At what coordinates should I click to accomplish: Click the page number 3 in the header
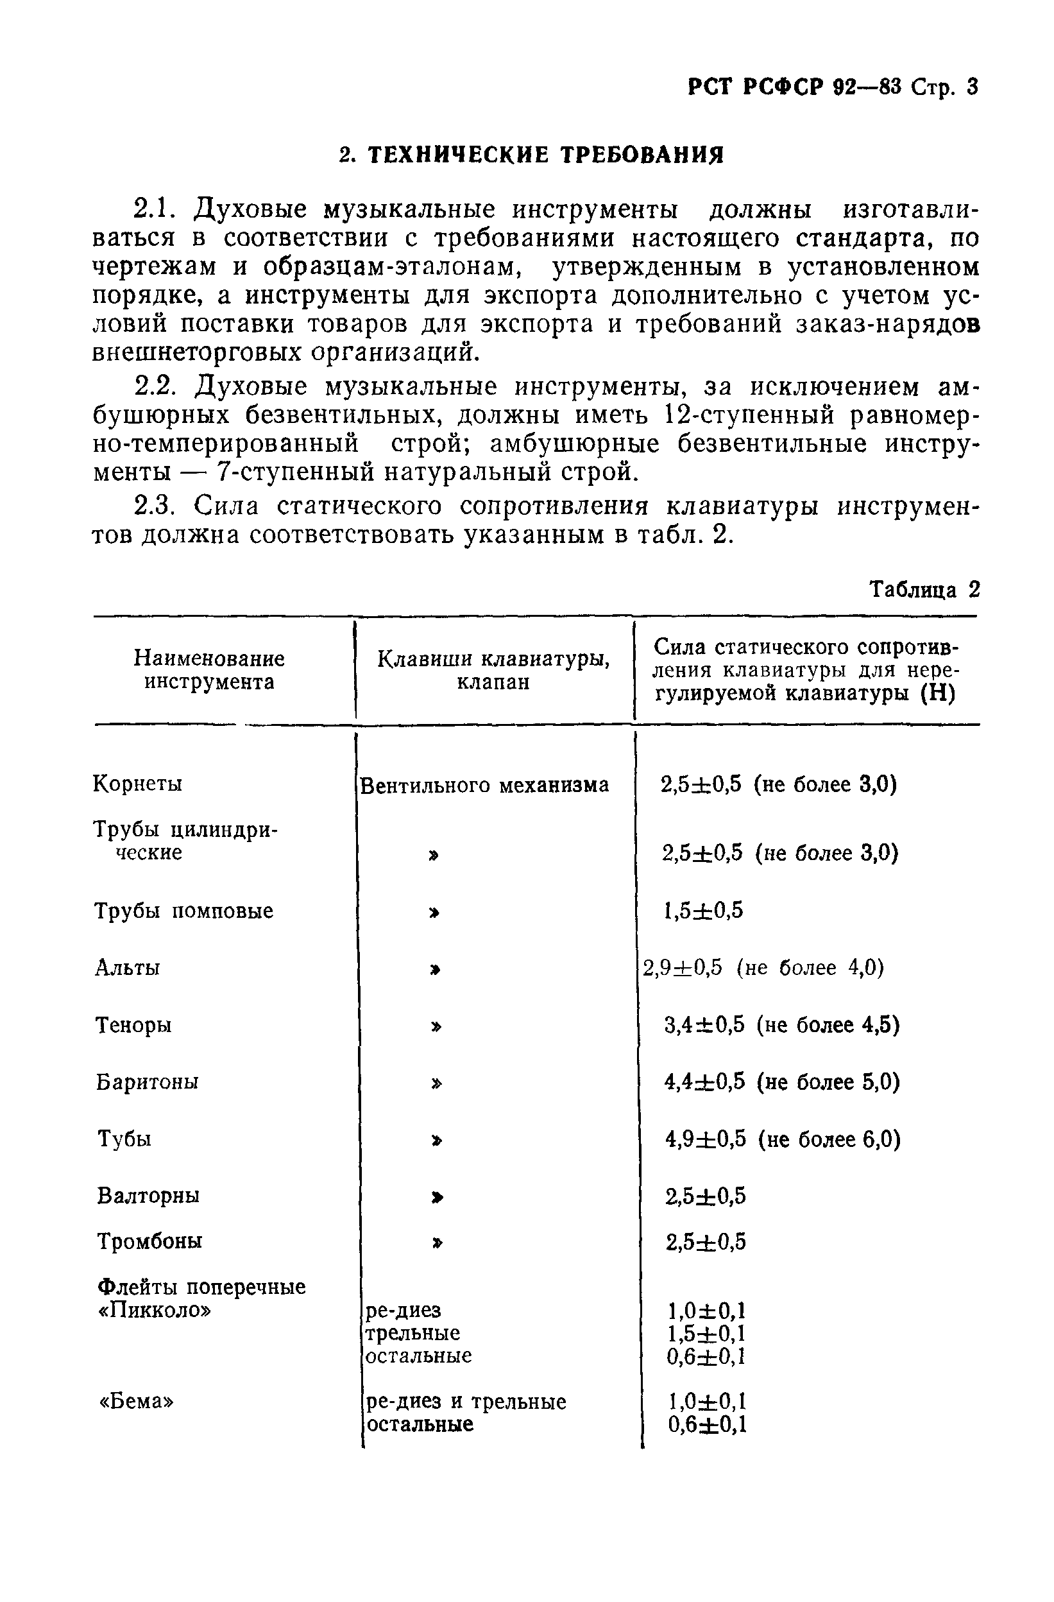click(971, 87)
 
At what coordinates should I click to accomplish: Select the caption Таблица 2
click(924, 590)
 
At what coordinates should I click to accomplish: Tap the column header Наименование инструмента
click(209, 669)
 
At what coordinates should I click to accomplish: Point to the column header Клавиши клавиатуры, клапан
click(494, 669)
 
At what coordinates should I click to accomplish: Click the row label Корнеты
click(138, 784)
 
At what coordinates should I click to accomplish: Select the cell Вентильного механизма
click(484, 785)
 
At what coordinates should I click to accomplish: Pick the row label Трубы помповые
click(183, 911)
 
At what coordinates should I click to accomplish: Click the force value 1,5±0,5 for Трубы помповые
click(704, 911)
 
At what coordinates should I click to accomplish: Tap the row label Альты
click(128, 968)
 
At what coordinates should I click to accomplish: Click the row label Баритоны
click(148, 1081)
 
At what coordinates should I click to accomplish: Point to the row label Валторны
click(149, 1196)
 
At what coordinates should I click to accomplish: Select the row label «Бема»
click(137, 1401)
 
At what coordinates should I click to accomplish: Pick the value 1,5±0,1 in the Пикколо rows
click(706, 1333)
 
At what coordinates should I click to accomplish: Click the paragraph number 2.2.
click(154, 387)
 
